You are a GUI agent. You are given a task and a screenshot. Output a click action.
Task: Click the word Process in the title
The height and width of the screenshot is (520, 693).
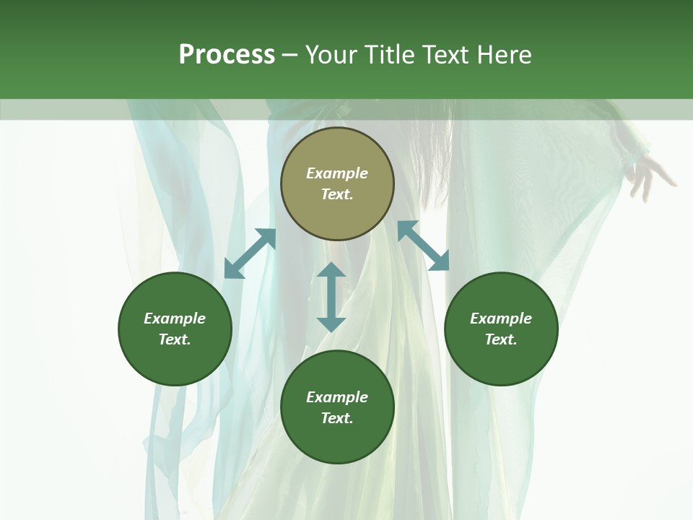(x=227, y=55)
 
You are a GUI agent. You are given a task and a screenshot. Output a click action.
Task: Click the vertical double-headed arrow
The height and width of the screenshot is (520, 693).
(x=331, y=297)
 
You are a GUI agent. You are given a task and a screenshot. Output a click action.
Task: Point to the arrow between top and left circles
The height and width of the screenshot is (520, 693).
(x=250, y=253)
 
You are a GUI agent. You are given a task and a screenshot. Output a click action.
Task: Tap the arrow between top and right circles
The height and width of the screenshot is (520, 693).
(x=423, y=246)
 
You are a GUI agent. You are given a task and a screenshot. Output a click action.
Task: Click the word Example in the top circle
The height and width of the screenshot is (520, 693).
(x=337, y=173)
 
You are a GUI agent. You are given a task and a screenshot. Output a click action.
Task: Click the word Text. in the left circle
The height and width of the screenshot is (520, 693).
(x=175, y=339)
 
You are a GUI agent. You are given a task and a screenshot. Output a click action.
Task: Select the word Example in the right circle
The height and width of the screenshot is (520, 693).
(x=501, y=318)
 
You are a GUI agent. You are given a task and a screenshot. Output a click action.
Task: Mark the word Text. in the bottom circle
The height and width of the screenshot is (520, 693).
(x=337, y=418)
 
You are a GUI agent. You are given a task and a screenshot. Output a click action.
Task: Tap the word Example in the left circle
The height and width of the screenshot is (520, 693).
(x=175, y=318)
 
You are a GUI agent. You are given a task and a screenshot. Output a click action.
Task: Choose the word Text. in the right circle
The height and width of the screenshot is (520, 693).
(x=501, y=339)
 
